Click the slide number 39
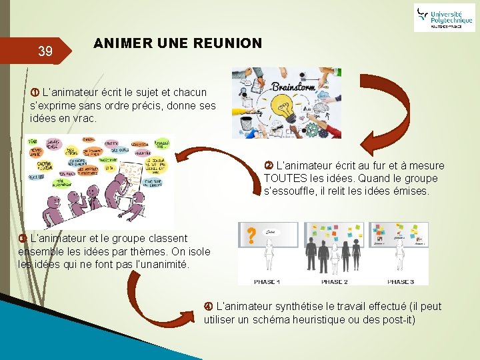[45, 51]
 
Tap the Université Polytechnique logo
[444, 17]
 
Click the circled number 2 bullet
[269, 166]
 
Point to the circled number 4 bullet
[209, 307]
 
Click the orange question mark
[251, 235]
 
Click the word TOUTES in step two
[284, 179]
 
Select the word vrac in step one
[83, 118]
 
